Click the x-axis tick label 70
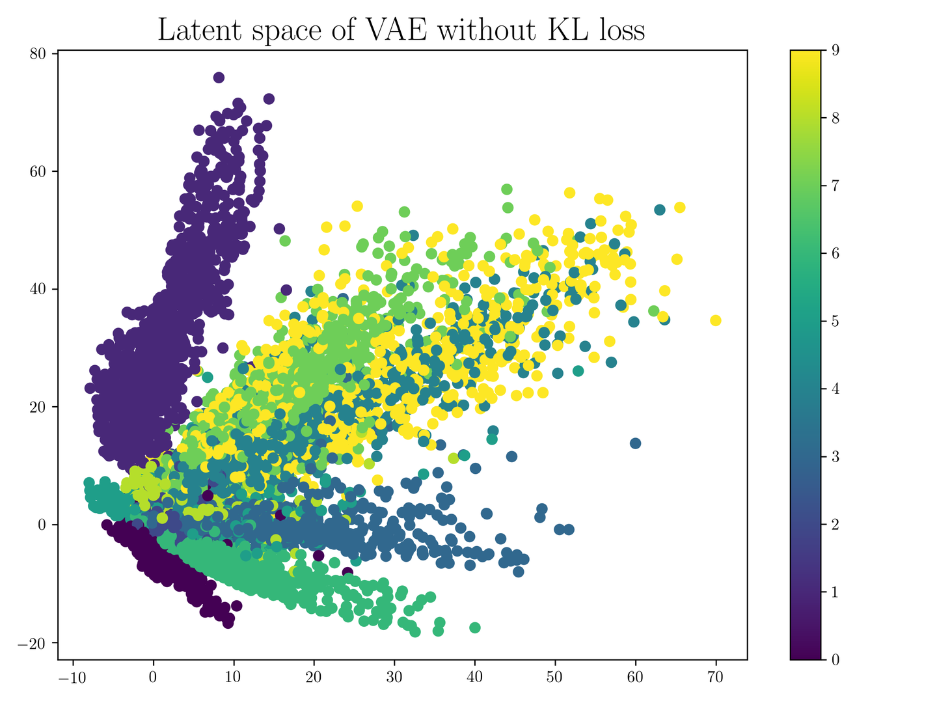pos(716,678)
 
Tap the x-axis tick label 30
pos(394,678)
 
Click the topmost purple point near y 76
pos(219,77)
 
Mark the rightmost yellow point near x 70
pos(716,320)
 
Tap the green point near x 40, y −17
pos(475,627)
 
